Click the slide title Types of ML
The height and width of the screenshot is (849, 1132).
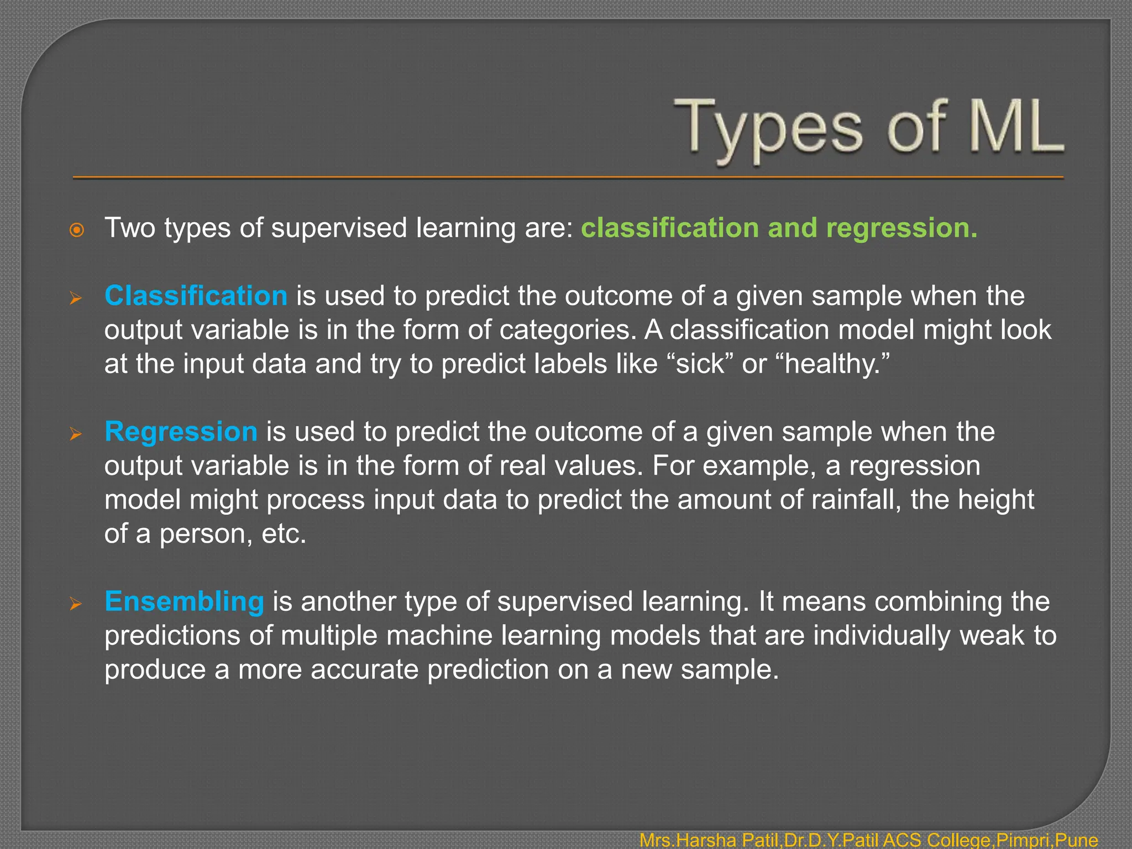click(x=868, y=128)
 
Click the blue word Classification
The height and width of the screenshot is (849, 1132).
click(x=196, y=296)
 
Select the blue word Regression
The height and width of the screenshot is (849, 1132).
click(x=181, y=432)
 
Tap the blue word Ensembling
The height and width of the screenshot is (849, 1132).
click(x=184, y=601)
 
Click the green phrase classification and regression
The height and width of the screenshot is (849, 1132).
click(x=779, y=228)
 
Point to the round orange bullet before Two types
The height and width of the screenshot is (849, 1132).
click(x=77, y=230)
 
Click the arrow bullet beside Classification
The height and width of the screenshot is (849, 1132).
click(x=76, y=299)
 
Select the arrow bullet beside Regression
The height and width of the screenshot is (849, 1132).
click(x=76, y=434)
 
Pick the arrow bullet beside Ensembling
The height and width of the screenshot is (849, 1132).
click(x=76, y=604)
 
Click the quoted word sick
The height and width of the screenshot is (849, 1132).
click(x=700, y=364)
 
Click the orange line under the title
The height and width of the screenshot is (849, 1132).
click(x=568, y=177)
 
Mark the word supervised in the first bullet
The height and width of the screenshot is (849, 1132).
click(x=338, y=228)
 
